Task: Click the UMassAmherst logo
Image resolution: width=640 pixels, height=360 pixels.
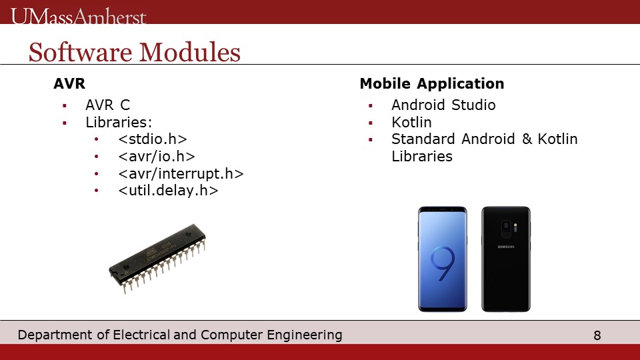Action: click(79, 16)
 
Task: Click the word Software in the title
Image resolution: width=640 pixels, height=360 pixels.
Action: click(79, 52)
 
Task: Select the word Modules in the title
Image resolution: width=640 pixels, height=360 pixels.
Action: click(190, 52)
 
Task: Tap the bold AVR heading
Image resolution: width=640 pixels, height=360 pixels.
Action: click(69, 84)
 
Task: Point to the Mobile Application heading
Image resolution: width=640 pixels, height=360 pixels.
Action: click(432, 84)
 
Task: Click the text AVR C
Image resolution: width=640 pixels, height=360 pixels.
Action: click(108, 105)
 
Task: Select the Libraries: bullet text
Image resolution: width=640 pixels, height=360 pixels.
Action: click(119, 122)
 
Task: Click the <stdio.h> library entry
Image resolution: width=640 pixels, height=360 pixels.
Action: click(153, 139)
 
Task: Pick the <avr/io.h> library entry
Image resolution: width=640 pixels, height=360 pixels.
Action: click(157, 156)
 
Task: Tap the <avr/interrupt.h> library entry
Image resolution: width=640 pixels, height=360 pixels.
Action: click(181, 173)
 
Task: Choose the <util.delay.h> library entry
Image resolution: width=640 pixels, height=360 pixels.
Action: click(168, 191)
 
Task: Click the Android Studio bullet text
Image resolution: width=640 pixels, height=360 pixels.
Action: click(444, 105)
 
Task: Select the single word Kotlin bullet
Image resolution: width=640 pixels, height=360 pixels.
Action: click(411, 122)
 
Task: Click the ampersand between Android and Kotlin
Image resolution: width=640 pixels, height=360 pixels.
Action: click(527, 139)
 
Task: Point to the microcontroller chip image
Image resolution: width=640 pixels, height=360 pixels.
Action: click(157, 259)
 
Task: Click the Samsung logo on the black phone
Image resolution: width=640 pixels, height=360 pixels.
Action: click(506, 247)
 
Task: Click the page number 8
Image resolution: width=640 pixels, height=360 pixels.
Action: click(597, 335)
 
